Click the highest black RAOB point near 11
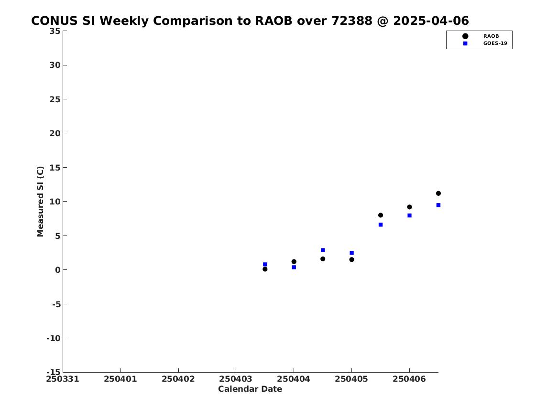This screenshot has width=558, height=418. (438, 193)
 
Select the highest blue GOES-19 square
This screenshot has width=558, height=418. (438, 205)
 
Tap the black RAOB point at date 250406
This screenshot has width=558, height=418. (409, 207)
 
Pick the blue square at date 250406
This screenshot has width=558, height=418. (409, 215)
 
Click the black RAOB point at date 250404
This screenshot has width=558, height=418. (294, 262)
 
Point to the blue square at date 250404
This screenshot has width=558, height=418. (294, 268)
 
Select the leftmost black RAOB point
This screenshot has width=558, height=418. (265, 269)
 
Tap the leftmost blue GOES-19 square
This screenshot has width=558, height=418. (265, 265)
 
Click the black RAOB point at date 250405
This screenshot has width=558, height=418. (351, 259)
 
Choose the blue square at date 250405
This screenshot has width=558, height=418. (351, 253)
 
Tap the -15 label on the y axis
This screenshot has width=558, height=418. (54, 372)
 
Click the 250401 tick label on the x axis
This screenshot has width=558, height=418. (120, 379)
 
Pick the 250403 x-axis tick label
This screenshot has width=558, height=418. (236, 379)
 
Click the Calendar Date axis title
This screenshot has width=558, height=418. (250, 389)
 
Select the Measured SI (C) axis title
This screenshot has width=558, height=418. (40, 201)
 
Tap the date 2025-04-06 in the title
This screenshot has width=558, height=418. (431, 21)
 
